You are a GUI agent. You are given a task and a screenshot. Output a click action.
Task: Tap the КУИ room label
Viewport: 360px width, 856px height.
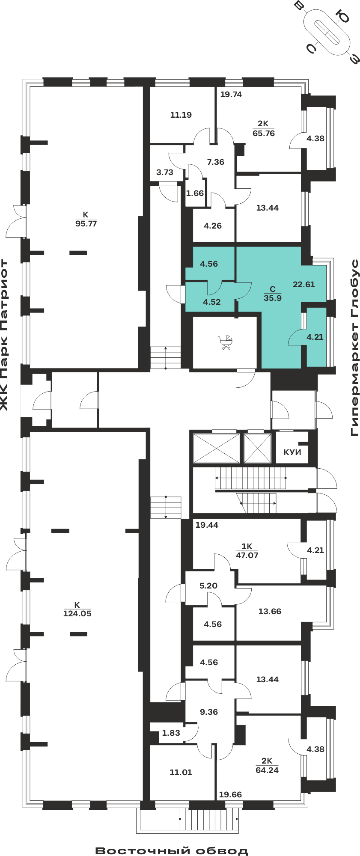click(x=292, y=452)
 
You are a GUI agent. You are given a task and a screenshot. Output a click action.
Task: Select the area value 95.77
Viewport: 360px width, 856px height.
click(x=86, y=223)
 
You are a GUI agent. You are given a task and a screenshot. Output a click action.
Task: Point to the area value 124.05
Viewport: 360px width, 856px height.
click(x=77, y=613)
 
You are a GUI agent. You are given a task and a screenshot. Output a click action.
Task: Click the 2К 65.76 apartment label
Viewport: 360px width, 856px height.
click(x=264, y=128)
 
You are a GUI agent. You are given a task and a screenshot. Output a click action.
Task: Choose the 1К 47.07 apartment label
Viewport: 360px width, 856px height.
click(x=247, y=551)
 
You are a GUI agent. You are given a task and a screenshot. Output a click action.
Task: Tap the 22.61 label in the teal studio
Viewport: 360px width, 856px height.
click(x=304, y=284)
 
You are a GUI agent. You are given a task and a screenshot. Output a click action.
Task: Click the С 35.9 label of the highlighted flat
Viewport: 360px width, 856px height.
click(x=273, y=294)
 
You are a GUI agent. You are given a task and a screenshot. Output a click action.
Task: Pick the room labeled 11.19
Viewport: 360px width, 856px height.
click(x=181, y=115)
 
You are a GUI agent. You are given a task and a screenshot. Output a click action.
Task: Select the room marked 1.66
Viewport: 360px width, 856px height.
click(x=195, y=193)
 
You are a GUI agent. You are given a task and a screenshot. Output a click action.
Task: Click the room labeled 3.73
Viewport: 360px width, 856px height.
click(x=165, y=172)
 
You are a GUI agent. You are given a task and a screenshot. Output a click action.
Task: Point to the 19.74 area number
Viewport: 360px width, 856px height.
click(x=231, y=95)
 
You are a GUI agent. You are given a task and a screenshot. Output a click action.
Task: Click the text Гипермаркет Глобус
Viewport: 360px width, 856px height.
click(x=354, y=348)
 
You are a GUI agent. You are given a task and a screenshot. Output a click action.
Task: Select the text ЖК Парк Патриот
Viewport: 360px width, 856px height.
click(x=4, y=335)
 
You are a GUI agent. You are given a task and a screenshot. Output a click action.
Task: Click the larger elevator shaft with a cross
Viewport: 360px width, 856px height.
click(x=216, y=448)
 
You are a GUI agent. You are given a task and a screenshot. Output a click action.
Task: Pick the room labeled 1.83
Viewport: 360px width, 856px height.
click(x=171, y=733)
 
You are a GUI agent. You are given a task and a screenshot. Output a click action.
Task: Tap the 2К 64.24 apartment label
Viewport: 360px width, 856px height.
click(x=267, y=765)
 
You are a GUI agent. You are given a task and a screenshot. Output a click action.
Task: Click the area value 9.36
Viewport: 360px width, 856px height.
click(x=209, y=712)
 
